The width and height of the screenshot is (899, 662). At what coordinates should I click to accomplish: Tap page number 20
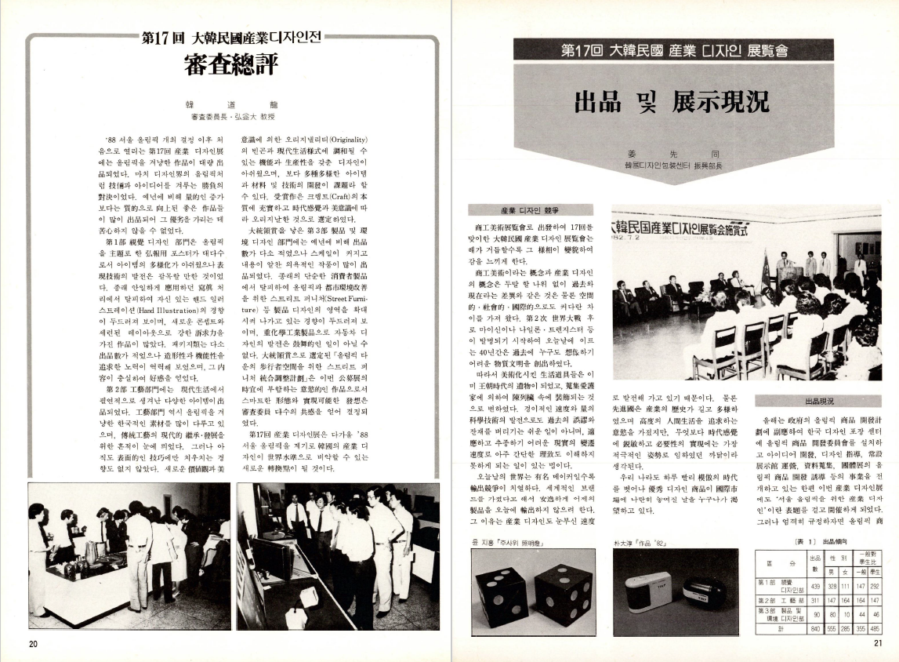[x=33, y=644]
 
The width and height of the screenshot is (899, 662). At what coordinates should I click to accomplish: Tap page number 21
[x=877, y=644]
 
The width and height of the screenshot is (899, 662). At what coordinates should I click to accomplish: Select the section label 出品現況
[x=819, y=402]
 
